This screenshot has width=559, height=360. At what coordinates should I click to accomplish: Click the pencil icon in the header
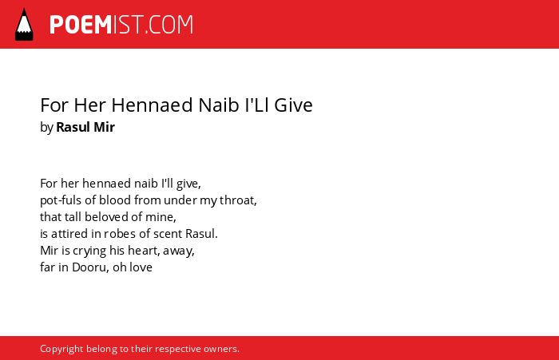tap(24, 25)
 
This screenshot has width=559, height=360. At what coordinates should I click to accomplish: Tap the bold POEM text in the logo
tap(81, 25)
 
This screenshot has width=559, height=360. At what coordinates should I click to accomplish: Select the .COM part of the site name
tap(168, 25)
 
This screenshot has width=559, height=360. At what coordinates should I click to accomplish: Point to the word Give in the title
tap(293, 105)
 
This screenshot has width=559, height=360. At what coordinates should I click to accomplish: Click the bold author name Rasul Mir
tap(85, 127)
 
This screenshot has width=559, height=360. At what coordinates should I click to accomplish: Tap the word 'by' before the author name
tap(46, 128)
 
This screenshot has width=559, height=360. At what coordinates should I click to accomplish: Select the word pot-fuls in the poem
tap(61, 200)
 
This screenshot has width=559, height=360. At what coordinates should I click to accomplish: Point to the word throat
tap(238, 200)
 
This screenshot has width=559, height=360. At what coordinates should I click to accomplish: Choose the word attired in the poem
tap(64, 233)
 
